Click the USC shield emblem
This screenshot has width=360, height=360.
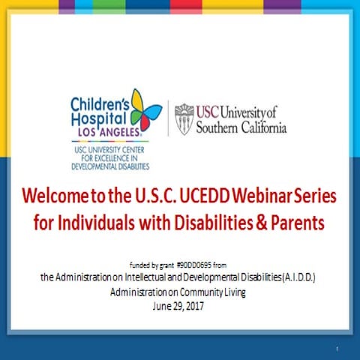click(x=183, y=118)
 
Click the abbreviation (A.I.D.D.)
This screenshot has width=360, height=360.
click(x=296, y=277)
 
